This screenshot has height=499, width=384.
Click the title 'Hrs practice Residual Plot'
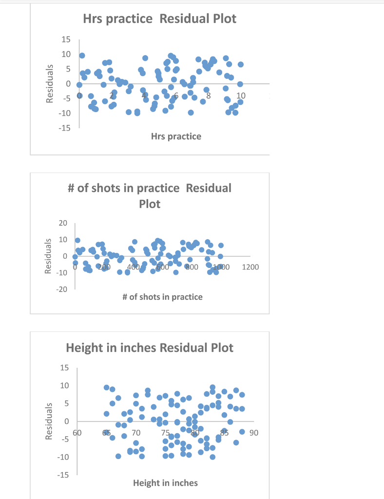point(159,19)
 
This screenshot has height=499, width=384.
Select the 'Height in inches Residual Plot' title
point(150,348)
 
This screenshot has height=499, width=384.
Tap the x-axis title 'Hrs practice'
point(176,136)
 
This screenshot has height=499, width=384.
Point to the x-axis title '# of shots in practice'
point(163,297)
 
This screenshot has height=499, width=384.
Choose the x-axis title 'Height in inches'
point(166,483)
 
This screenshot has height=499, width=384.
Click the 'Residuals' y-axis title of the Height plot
point(49,421)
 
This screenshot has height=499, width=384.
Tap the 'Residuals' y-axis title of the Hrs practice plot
point(49,84)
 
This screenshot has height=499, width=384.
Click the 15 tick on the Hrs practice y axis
point(65,39)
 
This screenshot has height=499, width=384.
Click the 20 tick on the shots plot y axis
point(63,223)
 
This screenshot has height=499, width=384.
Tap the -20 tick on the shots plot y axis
point(61,289)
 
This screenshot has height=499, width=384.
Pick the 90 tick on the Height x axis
point(253,432)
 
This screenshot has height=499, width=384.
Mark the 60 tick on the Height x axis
point(77,432)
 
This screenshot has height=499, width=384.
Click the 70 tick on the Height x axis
point(136,432)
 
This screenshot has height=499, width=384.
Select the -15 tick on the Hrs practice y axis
point(63,128)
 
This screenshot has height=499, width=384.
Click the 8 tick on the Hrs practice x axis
point(208,95)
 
